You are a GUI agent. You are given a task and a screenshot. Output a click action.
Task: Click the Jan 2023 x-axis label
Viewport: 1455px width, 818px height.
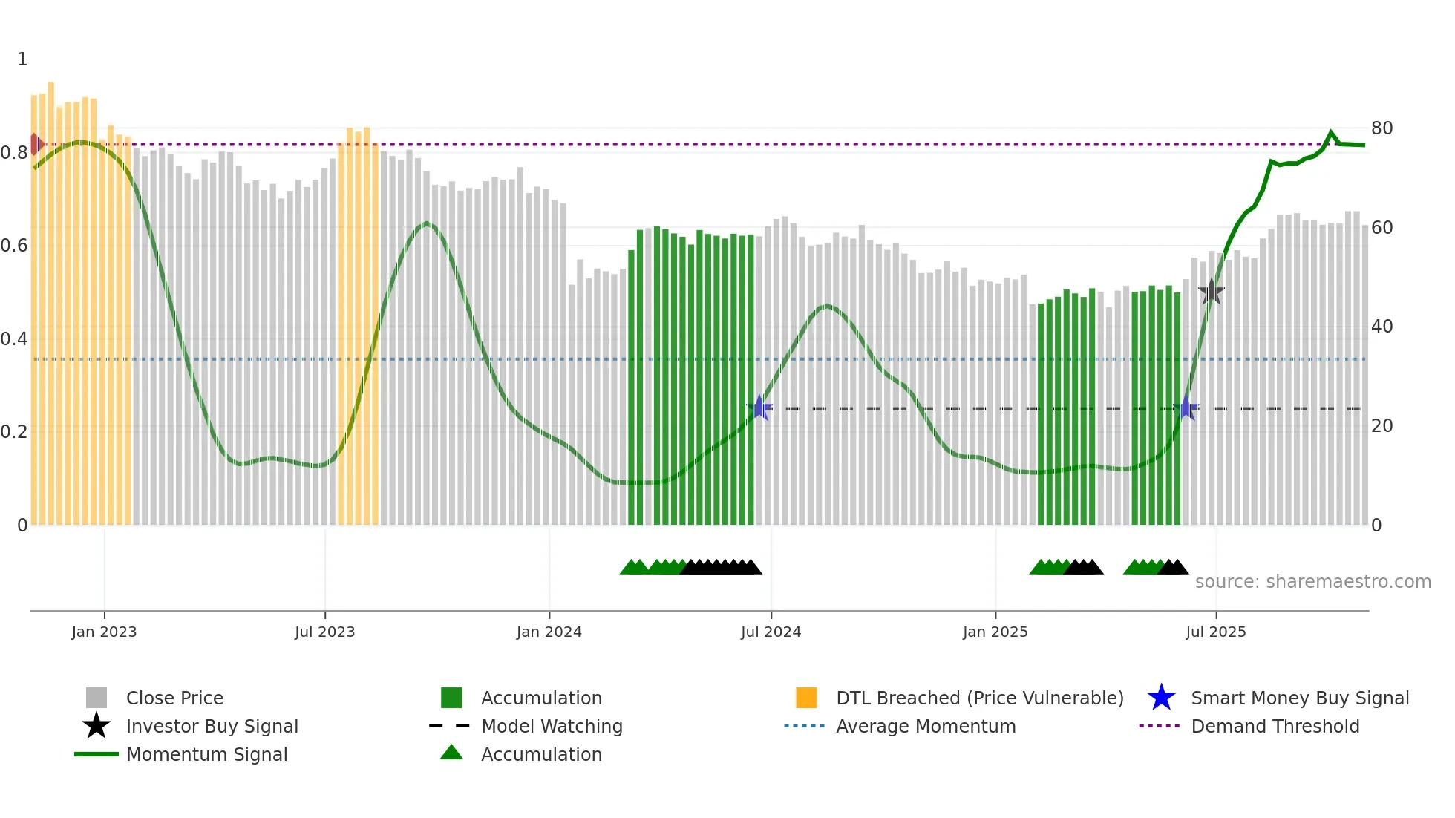tap(104, 632)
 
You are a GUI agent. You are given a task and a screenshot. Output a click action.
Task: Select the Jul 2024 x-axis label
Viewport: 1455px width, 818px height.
tap(771, 632)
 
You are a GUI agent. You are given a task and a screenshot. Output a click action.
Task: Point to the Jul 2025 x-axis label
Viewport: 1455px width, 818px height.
tap(1215, 632)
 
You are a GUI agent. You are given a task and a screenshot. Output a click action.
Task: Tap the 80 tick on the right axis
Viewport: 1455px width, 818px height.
tap(1382, 128)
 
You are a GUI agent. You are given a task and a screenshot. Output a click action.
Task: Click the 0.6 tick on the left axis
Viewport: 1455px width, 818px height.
tap(15, 246)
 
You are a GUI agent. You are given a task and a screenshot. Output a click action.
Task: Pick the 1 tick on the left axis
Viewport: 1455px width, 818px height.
tap(22, 59)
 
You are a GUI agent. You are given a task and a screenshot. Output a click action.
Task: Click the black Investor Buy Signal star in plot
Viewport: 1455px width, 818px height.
tap(1212, 292)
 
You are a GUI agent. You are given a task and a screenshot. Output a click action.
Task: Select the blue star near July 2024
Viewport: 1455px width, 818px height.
tap(759, 408)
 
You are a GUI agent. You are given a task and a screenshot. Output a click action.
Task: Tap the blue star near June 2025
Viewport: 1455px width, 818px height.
tap(1186, 408)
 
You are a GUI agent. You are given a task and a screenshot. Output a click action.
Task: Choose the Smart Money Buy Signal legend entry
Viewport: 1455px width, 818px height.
tap(1299, 698)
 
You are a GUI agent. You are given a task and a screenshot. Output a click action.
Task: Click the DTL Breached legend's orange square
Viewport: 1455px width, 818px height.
tap(806, 698)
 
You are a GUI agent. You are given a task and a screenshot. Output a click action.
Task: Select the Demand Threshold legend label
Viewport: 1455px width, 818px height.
tap(1275, 726)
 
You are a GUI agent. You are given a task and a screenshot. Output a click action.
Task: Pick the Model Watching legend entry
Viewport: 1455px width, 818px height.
tap(551, 726)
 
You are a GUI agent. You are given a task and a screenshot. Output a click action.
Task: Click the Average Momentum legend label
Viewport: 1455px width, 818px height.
tap(925, 726)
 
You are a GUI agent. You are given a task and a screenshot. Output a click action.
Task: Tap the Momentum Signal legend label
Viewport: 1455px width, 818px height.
tap(206, 754)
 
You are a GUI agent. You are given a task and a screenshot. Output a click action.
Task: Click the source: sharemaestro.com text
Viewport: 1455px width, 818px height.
tap(1312, 581)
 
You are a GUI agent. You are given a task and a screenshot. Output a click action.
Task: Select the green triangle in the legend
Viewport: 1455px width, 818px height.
tap(451, 753)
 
